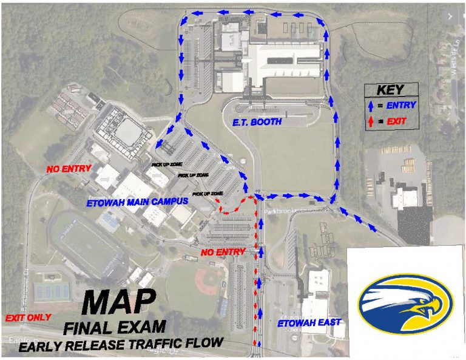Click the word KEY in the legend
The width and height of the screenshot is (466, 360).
[390, 90]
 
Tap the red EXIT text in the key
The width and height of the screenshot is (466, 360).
[392, 122]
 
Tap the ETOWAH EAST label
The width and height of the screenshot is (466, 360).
[309, 322]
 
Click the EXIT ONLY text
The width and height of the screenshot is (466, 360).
[28, 318]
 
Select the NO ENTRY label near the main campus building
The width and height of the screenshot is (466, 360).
[69, 169]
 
